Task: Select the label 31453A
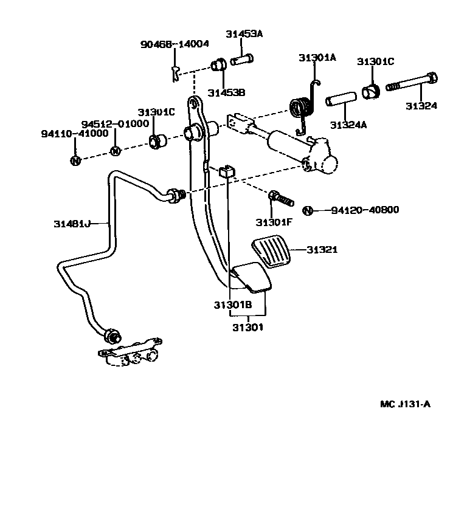point(244,34)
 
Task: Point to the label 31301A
point(317,58)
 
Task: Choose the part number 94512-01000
point(115,123)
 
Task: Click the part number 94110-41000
point(75,133)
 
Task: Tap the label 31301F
point(274,221)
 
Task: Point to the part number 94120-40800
point(365,210)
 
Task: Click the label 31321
point(322,250)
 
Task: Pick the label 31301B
point(232,305)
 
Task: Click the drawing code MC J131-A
point(405,404)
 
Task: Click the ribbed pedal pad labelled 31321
point(271,252)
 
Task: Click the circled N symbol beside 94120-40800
point(308,210)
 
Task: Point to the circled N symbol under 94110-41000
point(75,160)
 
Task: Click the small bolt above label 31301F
point(279,197)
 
